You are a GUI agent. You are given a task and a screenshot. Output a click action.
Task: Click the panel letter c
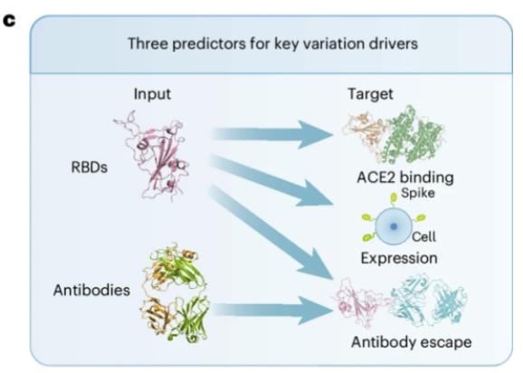(x=9, y=21)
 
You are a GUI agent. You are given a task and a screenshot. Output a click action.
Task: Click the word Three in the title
(x=147, y=43)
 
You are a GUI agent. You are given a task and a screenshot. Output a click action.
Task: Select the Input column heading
(x=152, y=94)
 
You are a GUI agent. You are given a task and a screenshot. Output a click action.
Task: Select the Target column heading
(x=370, y=94)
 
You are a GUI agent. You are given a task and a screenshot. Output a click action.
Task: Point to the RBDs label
(x=90, y=167)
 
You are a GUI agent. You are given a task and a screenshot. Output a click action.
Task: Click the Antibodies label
(x=91, y=290)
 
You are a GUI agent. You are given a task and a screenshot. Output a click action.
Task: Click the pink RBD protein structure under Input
(x=154, y=156)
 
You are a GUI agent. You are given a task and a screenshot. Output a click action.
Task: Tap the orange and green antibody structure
(x=174, y=292)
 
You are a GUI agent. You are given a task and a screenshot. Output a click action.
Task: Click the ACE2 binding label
(x=405, y=177)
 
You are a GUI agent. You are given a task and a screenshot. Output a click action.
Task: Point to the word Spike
(x=418, y=193)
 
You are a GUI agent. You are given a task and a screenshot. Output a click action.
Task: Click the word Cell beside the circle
(x=423, y=237)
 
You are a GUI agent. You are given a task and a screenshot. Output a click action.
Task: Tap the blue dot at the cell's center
(x=394, y=226)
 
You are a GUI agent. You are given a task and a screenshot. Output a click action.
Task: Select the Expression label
(x=399, y=258)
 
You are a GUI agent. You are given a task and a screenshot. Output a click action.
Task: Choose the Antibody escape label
(x=412, y=342)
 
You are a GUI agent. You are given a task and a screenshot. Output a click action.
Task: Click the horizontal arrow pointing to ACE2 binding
(x=271, y=135)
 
